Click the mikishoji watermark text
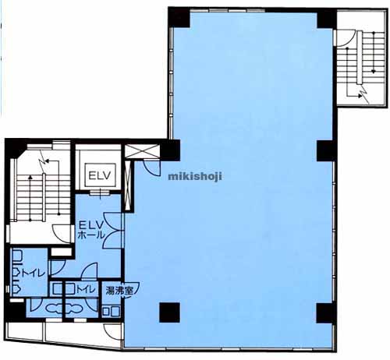[x=195, y=177]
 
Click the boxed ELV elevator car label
[x=100, y=175]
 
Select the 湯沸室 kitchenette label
[x=119, y=291]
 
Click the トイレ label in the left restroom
[x=34, y=274]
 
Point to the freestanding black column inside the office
[x=169, y=312]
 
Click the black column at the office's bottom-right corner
[x=324, y=312]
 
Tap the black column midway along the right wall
[x=325, y=151]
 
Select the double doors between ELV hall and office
[x=112, y=230]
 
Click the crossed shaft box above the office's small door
[x=142, y=151]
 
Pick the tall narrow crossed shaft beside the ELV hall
[x=128, y=185]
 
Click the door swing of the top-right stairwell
[x=346, y=39]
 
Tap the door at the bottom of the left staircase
[x=62, y=234]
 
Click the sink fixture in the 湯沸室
[x=111, y=312]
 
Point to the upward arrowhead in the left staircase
[x=30, y=178]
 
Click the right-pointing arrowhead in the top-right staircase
[x=360, y=95]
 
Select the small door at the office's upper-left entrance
[x=152, y=168]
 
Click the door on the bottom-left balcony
[x=112, y=332]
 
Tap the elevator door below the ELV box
[x=101, y=192]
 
